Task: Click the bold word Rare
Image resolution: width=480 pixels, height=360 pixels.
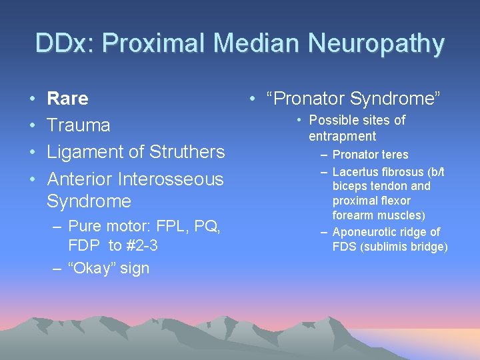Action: [x=67, y=99]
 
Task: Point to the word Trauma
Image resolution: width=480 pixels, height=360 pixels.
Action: [x=79, y=125]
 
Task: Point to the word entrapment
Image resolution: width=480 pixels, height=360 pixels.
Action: [x=342, y=136]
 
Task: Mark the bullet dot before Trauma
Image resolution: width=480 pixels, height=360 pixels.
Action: [x=33, y=126]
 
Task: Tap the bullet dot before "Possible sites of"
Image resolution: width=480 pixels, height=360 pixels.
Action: [x=301, y=121]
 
